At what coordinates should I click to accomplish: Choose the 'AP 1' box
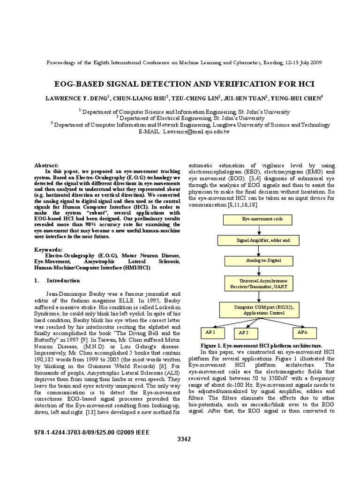tap(212, 332)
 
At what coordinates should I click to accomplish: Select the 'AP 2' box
tap(247, 333)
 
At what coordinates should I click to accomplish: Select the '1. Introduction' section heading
tap(57, 280)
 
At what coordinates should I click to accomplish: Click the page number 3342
tap(185, 439)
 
